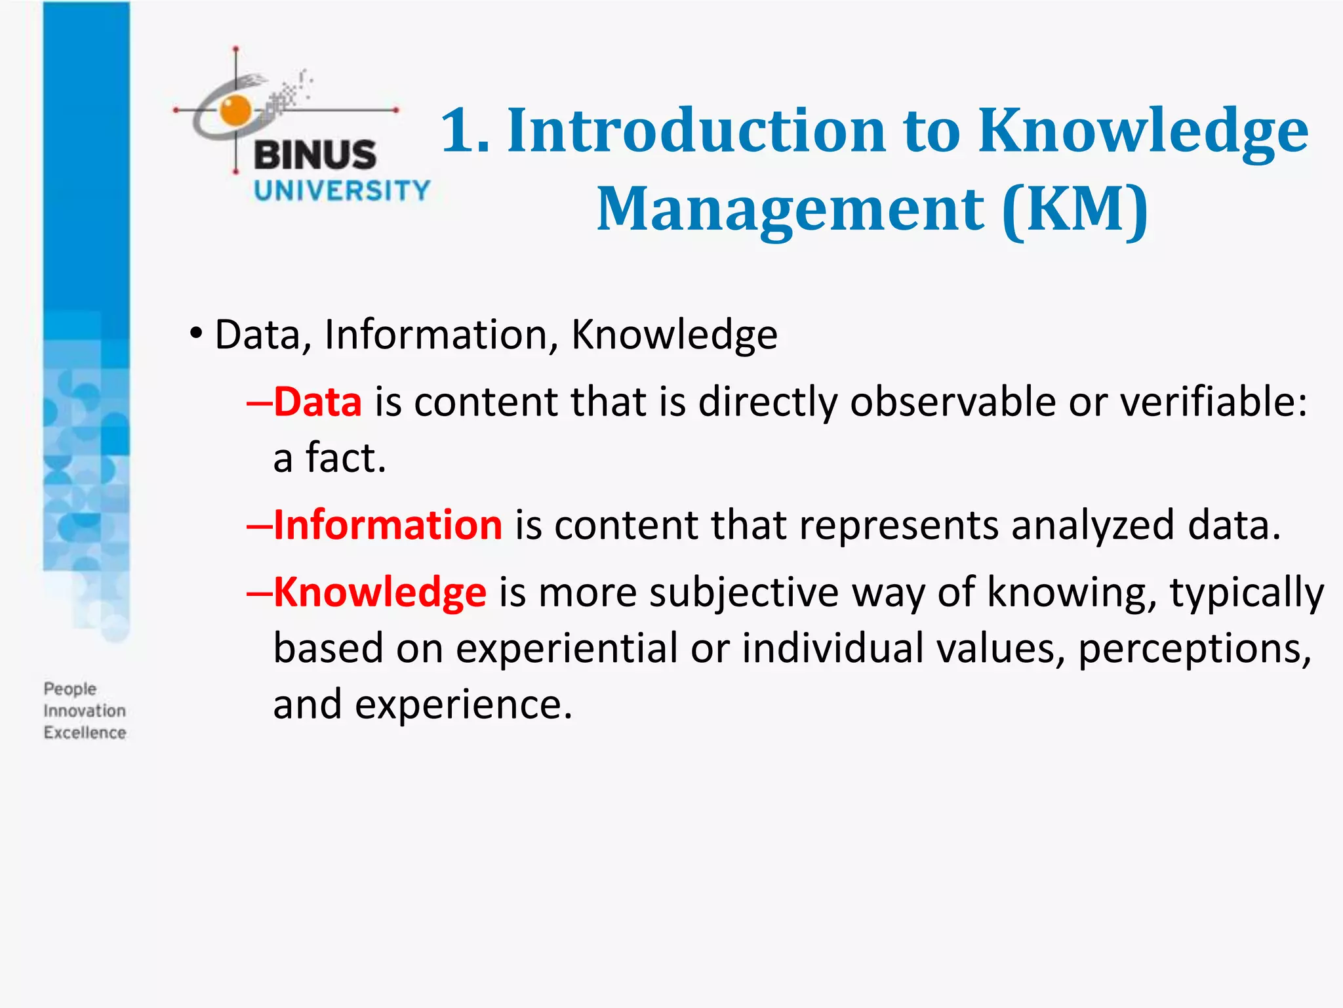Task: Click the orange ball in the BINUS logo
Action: click(235, 110)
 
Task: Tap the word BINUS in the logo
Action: click(315, 155)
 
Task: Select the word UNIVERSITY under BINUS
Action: click(342, 191)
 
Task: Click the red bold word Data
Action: click(318, 402)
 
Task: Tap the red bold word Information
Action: click(388, 525)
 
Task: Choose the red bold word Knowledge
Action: click(380, 592)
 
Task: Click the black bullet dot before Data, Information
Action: click(195, 333)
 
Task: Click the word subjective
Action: click(744, 592)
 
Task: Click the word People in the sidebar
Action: click(70, 689)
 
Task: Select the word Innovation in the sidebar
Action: click(85, 711)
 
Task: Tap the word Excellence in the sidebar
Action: click(85, 732)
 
